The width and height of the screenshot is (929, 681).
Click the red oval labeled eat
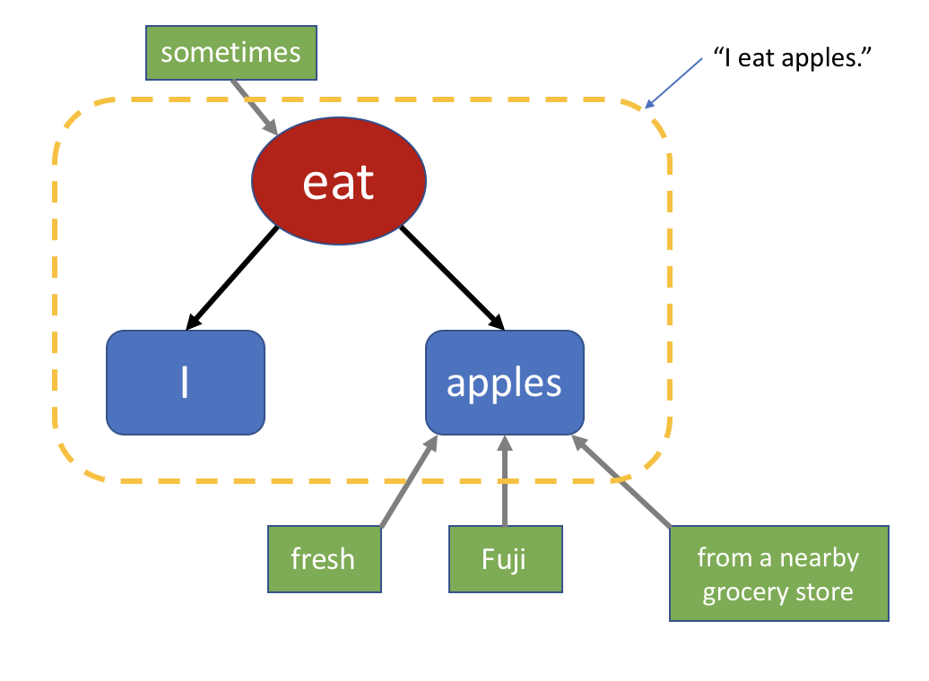click(339, 182)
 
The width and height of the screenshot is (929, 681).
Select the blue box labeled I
click(186, 383)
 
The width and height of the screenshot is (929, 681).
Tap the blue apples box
click(504, 383)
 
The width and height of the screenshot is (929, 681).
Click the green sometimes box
click(230, 52)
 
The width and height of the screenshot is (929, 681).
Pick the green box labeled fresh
click(323, 559)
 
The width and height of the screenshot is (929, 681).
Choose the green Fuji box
click(505, 559)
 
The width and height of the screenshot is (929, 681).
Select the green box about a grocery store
click(778, 573)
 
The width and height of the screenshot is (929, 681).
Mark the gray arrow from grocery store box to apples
click(623, 481)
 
